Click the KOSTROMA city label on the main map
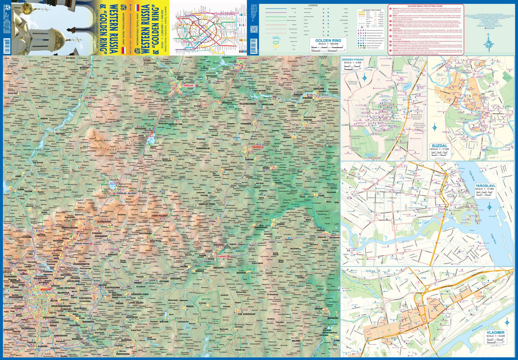[x=242, y=58]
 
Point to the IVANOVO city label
[x=256, y=147]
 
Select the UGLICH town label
[x=88, y=98]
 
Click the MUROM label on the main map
[x=318, y=309]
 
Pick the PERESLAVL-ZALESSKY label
[x=127, y=193]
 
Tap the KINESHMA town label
[x=307, y=98]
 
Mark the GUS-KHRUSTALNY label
[x=247, y=314]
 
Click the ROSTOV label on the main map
[x=146, y=133]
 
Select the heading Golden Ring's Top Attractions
[x=425, y=6]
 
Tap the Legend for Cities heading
[x=371, y=10]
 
